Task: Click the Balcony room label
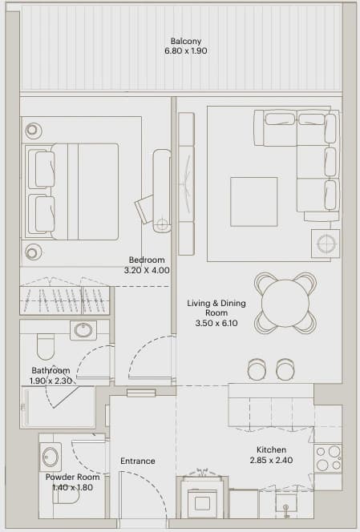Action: coord(186,41)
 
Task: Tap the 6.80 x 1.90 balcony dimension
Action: coord(186,51)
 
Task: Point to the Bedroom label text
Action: coord(147,260)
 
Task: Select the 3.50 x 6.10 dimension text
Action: coord(216,323)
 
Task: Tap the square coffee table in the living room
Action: coord(254,202)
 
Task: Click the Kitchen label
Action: coord(271,450)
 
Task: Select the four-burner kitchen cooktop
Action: coord(328,459)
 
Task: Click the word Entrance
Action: coord(138,461)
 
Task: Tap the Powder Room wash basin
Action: coord(51,457)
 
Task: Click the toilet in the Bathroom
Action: coord(45,346)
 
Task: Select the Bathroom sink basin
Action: coord(83,330)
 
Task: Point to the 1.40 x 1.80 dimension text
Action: coord(72,488)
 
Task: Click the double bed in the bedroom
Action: coord(71,191)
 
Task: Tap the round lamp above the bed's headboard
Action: coord(33,130)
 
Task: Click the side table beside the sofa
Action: coord(326,244)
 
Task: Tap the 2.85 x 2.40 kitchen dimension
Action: coord(271,461)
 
